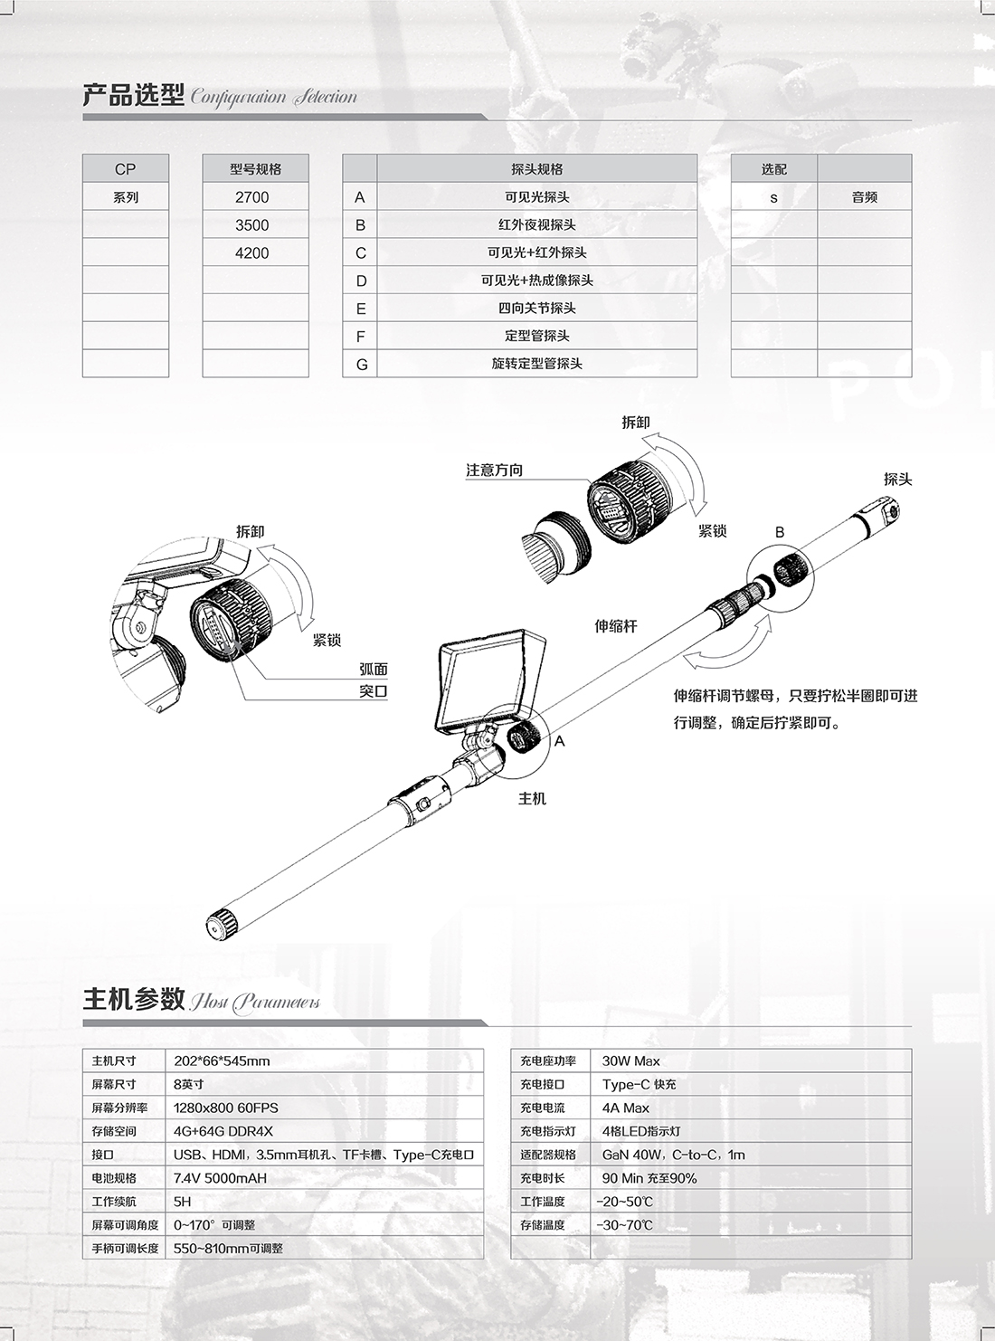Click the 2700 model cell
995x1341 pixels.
click(x=252, y=197)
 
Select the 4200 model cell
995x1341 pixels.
click(x=252, y=253)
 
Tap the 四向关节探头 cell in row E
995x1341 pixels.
click(x=537, y=309)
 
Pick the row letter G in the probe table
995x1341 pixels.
click(x=361, y=365)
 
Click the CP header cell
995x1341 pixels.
click(x=126, y=169)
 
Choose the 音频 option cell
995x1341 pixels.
click(x=864, y=197)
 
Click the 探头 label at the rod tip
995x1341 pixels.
click(x=897, y=480)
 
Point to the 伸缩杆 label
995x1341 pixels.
click(x=616, y=626)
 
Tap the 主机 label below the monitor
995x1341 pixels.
click(x=532, y=799)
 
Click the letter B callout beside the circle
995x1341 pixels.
click(x=781, y=533)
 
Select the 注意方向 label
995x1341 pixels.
click(x=494, y=471)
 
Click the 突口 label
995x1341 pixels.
click(x=374, y=692)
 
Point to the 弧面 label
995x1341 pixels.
click(x=374, y=670)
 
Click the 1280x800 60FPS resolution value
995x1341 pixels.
click(x=225, y=1108)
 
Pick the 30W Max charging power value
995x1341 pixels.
click(x=631, y=1060)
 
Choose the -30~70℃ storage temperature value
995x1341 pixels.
click(x=625, y=1225)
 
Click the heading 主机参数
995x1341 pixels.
click(x=134, y=1000)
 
